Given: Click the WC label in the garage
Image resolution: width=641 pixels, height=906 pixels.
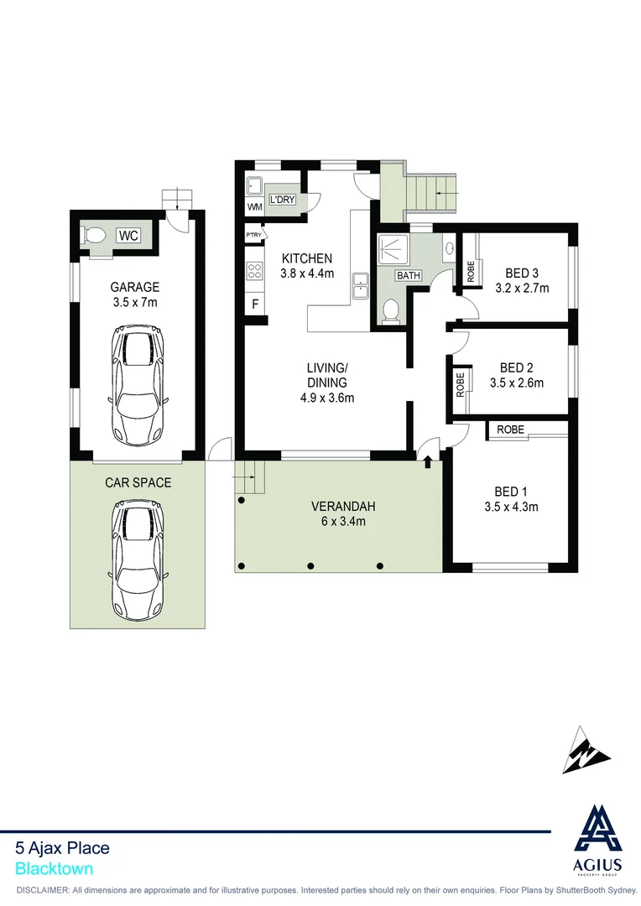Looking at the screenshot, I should click(128, 235).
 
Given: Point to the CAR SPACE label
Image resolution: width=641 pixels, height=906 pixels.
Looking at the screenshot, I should click(138, 482).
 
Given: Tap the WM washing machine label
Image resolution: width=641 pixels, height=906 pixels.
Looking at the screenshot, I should click(254, 207).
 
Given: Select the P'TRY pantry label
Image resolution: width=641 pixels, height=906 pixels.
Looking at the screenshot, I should click(254, 235).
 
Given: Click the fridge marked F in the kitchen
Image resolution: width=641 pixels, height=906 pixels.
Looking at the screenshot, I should click(255, 304).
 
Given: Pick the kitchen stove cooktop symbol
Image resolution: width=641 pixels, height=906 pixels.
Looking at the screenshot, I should click(254, 270).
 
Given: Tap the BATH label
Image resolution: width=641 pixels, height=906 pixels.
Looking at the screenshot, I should click(409, 275).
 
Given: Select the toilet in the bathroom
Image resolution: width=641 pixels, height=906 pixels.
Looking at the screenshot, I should click(389, 311).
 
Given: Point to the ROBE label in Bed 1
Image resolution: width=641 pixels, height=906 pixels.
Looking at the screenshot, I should click(510, 430).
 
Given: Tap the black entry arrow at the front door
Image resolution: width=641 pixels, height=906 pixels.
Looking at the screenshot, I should click(428, 460).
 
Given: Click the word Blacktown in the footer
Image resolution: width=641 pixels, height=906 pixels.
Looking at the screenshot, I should click(54, 869).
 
